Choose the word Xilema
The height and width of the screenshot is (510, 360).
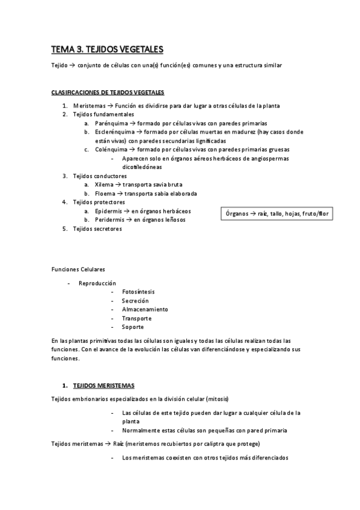(x=104, y=185)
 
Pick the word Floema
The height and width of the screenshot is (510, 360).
(x=105, y=194)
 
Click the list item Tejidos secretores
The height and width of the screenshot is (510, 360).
(x=97, y=229)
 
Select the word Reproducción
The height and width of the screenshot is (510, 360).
(x=97, y=283)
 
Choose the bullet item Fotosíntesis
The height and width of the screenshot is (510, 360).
(x=138, y=292)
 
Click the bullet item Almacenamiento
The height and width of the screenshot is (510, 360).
(x=145, y=309)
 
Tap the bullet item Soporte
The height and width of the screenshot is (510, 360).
(x=133, y=327)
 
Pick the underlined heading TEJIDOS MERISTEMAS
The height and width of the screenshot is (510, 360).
(x=103, y=385)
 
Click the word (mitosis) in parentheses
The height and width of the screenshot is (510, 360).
(x=216, y=399)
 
